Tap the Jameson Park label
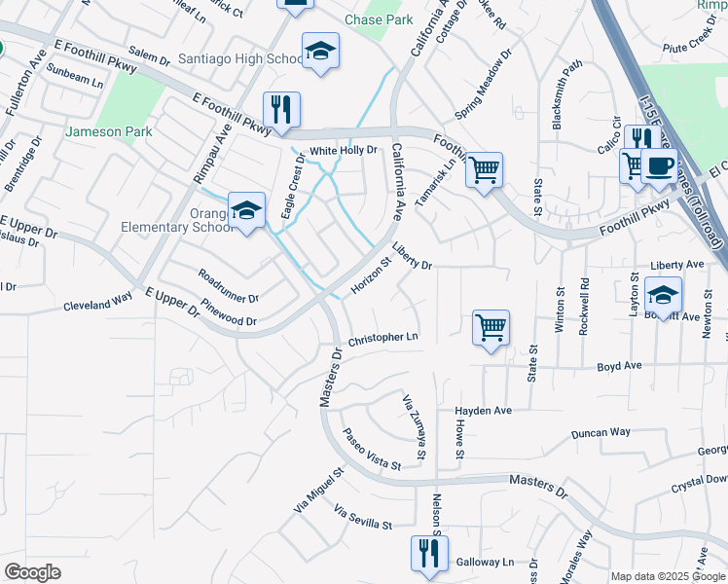[x=109, y=130]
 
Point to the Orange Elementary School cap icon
[x=246, y=209]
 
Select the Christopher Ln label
[x=382, y=338]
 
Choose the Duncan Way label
[x=601, y=432]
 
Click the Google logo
[x=32, y=572]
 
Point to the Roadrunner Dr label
[x=228, y=286]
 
